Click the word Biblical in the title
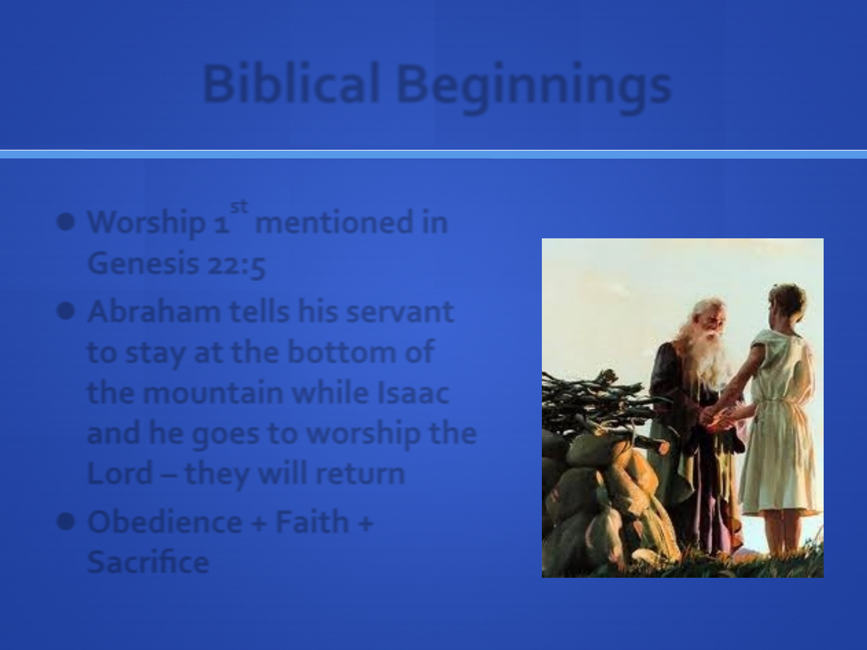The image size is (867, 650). pyautogui.click(x=291, y=83)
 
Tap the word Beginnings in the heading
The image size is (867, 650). pyautogui.click(x=533, y=88)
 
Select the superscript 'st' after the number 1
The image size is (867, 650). pyautogui.click(x=239, y=206)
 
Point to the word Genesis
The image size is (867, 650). pyautogui.click(x=143, y=263)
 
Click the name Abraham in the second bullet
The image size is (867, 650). pyautogui.click(x=154, y=311)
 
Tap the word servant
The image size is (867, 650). pyautogui.click(x=400, y=312)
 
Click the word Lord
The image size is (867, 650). pyautogui.click(x=120, y=473)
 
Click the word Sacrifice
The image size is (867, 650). pyautogui.click(x=148, y=562)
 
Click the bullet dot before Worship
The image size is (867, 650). pyautogui.click(x=66, y=222)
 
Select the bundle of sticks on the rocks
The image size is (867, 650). pyautogui.click(x=597, y=403)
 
